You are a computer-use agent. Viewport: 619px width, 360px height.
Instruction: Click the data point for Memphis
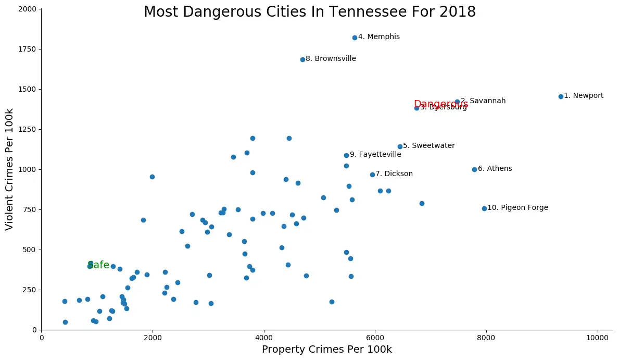tap(355, 38)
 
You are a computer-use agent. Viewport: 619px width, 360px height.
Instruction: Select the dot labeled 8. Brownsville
tap(302, 59)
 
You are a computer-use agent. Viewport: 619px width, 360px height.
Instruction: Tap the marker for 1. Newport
tap(561, 96)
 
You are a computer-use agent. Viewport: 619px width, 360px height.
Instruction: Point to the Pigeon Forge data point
tap(484, 208)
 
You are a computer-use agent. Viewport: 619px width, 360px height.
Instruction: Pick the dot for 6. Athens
tap(474, 169)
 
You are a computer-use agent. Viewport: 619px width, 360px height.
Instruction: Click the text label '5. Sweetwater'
tap(428, 146)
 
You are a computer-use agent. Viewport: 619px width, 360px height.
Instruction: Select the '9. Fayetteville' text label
tap(375, 155)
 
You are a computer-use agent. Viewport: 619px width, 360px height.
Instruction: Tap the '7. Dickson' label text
tap(394, 174)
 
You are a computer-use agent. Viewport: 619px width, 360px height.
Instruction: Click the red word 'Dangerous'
tap(441, 104)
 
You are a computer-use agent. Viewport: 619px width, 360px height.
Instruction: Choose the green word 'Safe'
tap(98, 265)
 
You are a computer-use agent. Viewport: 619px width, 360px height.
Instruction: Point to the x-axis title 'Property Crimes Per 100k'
tap(326, 350)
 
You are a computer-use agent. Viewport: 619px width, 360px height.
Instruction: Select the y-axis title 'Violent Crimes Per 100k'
tap(9, 169)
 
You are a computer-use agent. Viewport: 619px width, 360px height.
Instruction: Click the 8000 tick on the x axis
tap(486, 338)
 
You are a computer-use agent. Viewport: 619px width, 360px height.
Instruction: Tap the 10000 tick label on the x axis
tap(597, 338)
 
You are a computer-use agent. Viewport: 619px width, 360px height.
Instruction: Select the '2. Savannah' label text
tap(483, 101)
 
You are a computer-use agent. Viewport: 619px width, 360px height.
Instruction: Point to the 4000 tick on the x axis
tap(264, 338)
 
